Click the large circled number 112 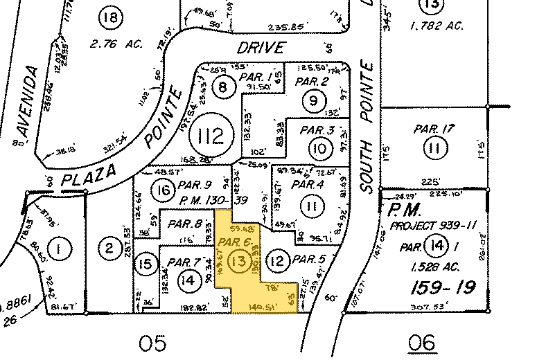coord(211,135)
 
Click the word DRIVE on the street coord(261,48)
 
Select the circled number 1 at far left coord(60,248)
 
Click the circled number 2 coord(109,247)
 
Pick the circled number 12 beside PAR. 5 coord(279,260)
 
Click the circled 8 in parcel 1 coord(222,88)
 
